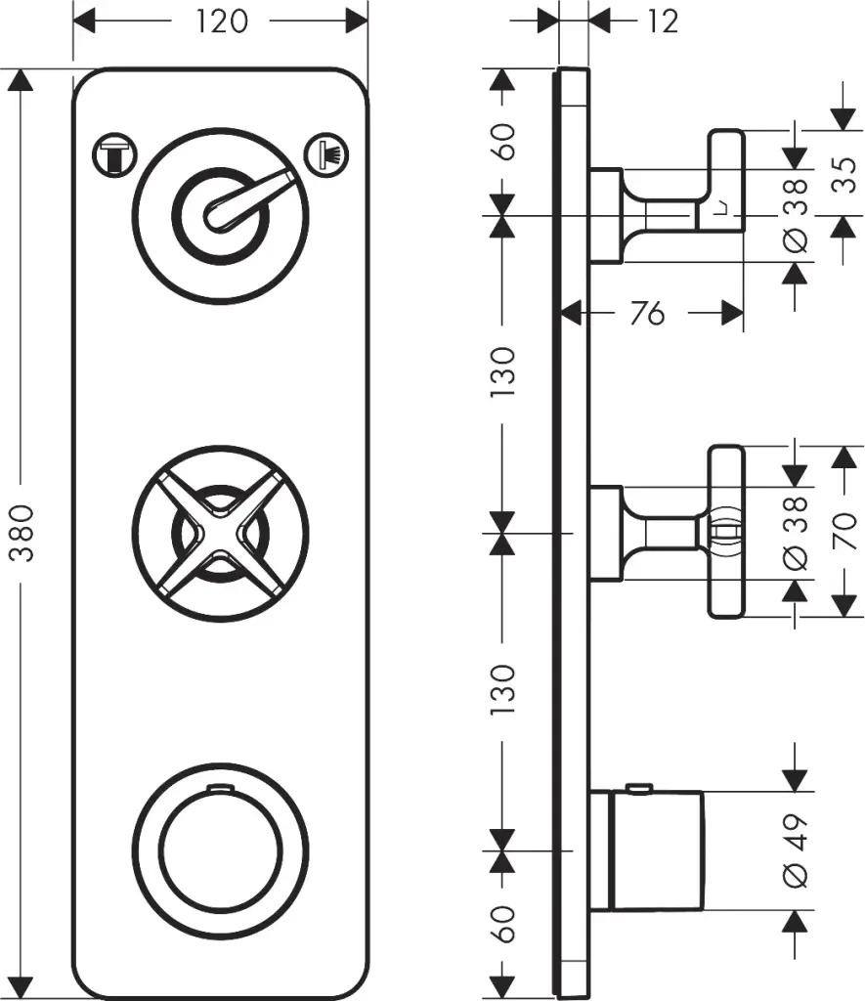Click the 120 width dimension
[x=221, y=21]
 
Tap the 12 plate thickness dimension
[x=662, y=21]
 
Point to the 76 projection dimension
[x=647, y=313]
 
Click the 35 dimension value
[x=847, y=177]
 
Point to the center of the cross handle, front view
[x=220, y=534]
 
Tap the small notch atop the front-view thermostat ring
[x=220, y=787]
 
